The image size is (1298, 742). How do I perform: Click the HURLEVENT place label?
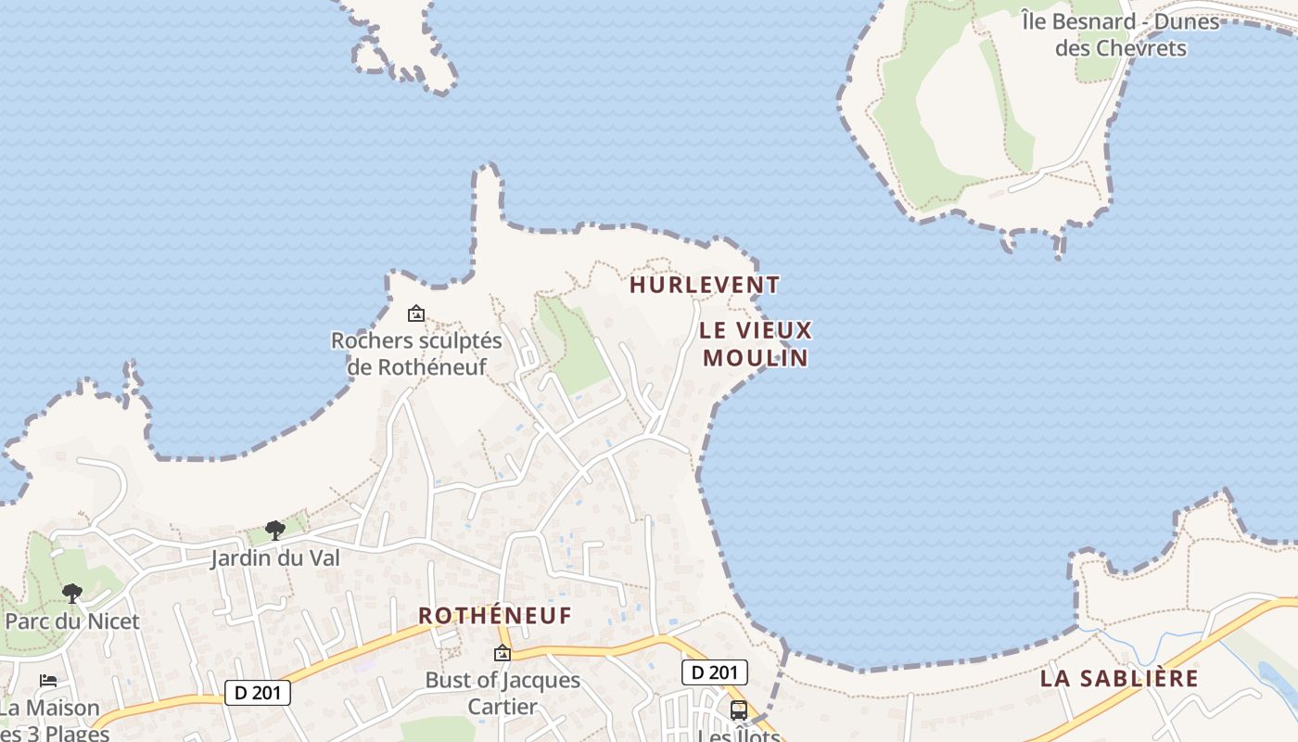(x=705, y=285)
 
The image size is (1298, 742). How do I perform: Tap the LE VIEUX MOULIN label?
(x=756, y=344)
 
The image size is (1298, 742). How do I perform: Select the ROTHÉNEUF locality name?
(x=495, y=616)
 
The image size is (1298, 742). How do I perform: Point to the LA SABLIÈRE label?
(x=1119, y=678)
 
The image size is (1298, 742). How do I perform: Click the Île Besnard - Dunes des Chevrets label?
(x=1120, y=34)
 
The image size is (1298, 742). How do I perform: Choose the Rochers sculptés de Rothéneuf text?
(x=416, y=353)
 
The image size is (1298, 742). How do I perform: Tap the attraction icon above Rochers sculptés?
(x=416, y=314)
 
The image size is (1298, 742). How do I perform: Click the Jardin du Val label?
(x=275, y=558)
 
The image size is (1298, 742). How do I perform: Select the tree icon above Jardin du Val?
(x=274, y=531)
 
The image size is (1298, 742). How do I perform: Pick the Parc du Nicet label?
(x=72, y=621)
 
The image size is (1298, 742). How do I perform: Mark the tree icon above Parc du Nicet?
(x=72, y=594)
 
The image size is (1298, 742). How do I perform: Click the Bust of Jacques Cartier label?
(x=503, y=693)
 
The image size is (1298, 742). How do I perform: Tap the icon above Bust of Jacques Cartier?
(x=503, y=653)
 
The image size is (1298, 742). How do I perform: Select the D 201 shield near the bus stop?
(x=714, y=672)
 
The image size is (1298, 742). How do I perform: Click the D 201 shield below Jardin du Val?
(x=258, y=693)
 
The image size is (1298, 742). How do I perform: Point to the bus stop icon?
(x=739, y=710)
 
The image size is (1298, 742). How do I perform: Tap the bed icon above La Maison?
(x=48, y=681)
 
